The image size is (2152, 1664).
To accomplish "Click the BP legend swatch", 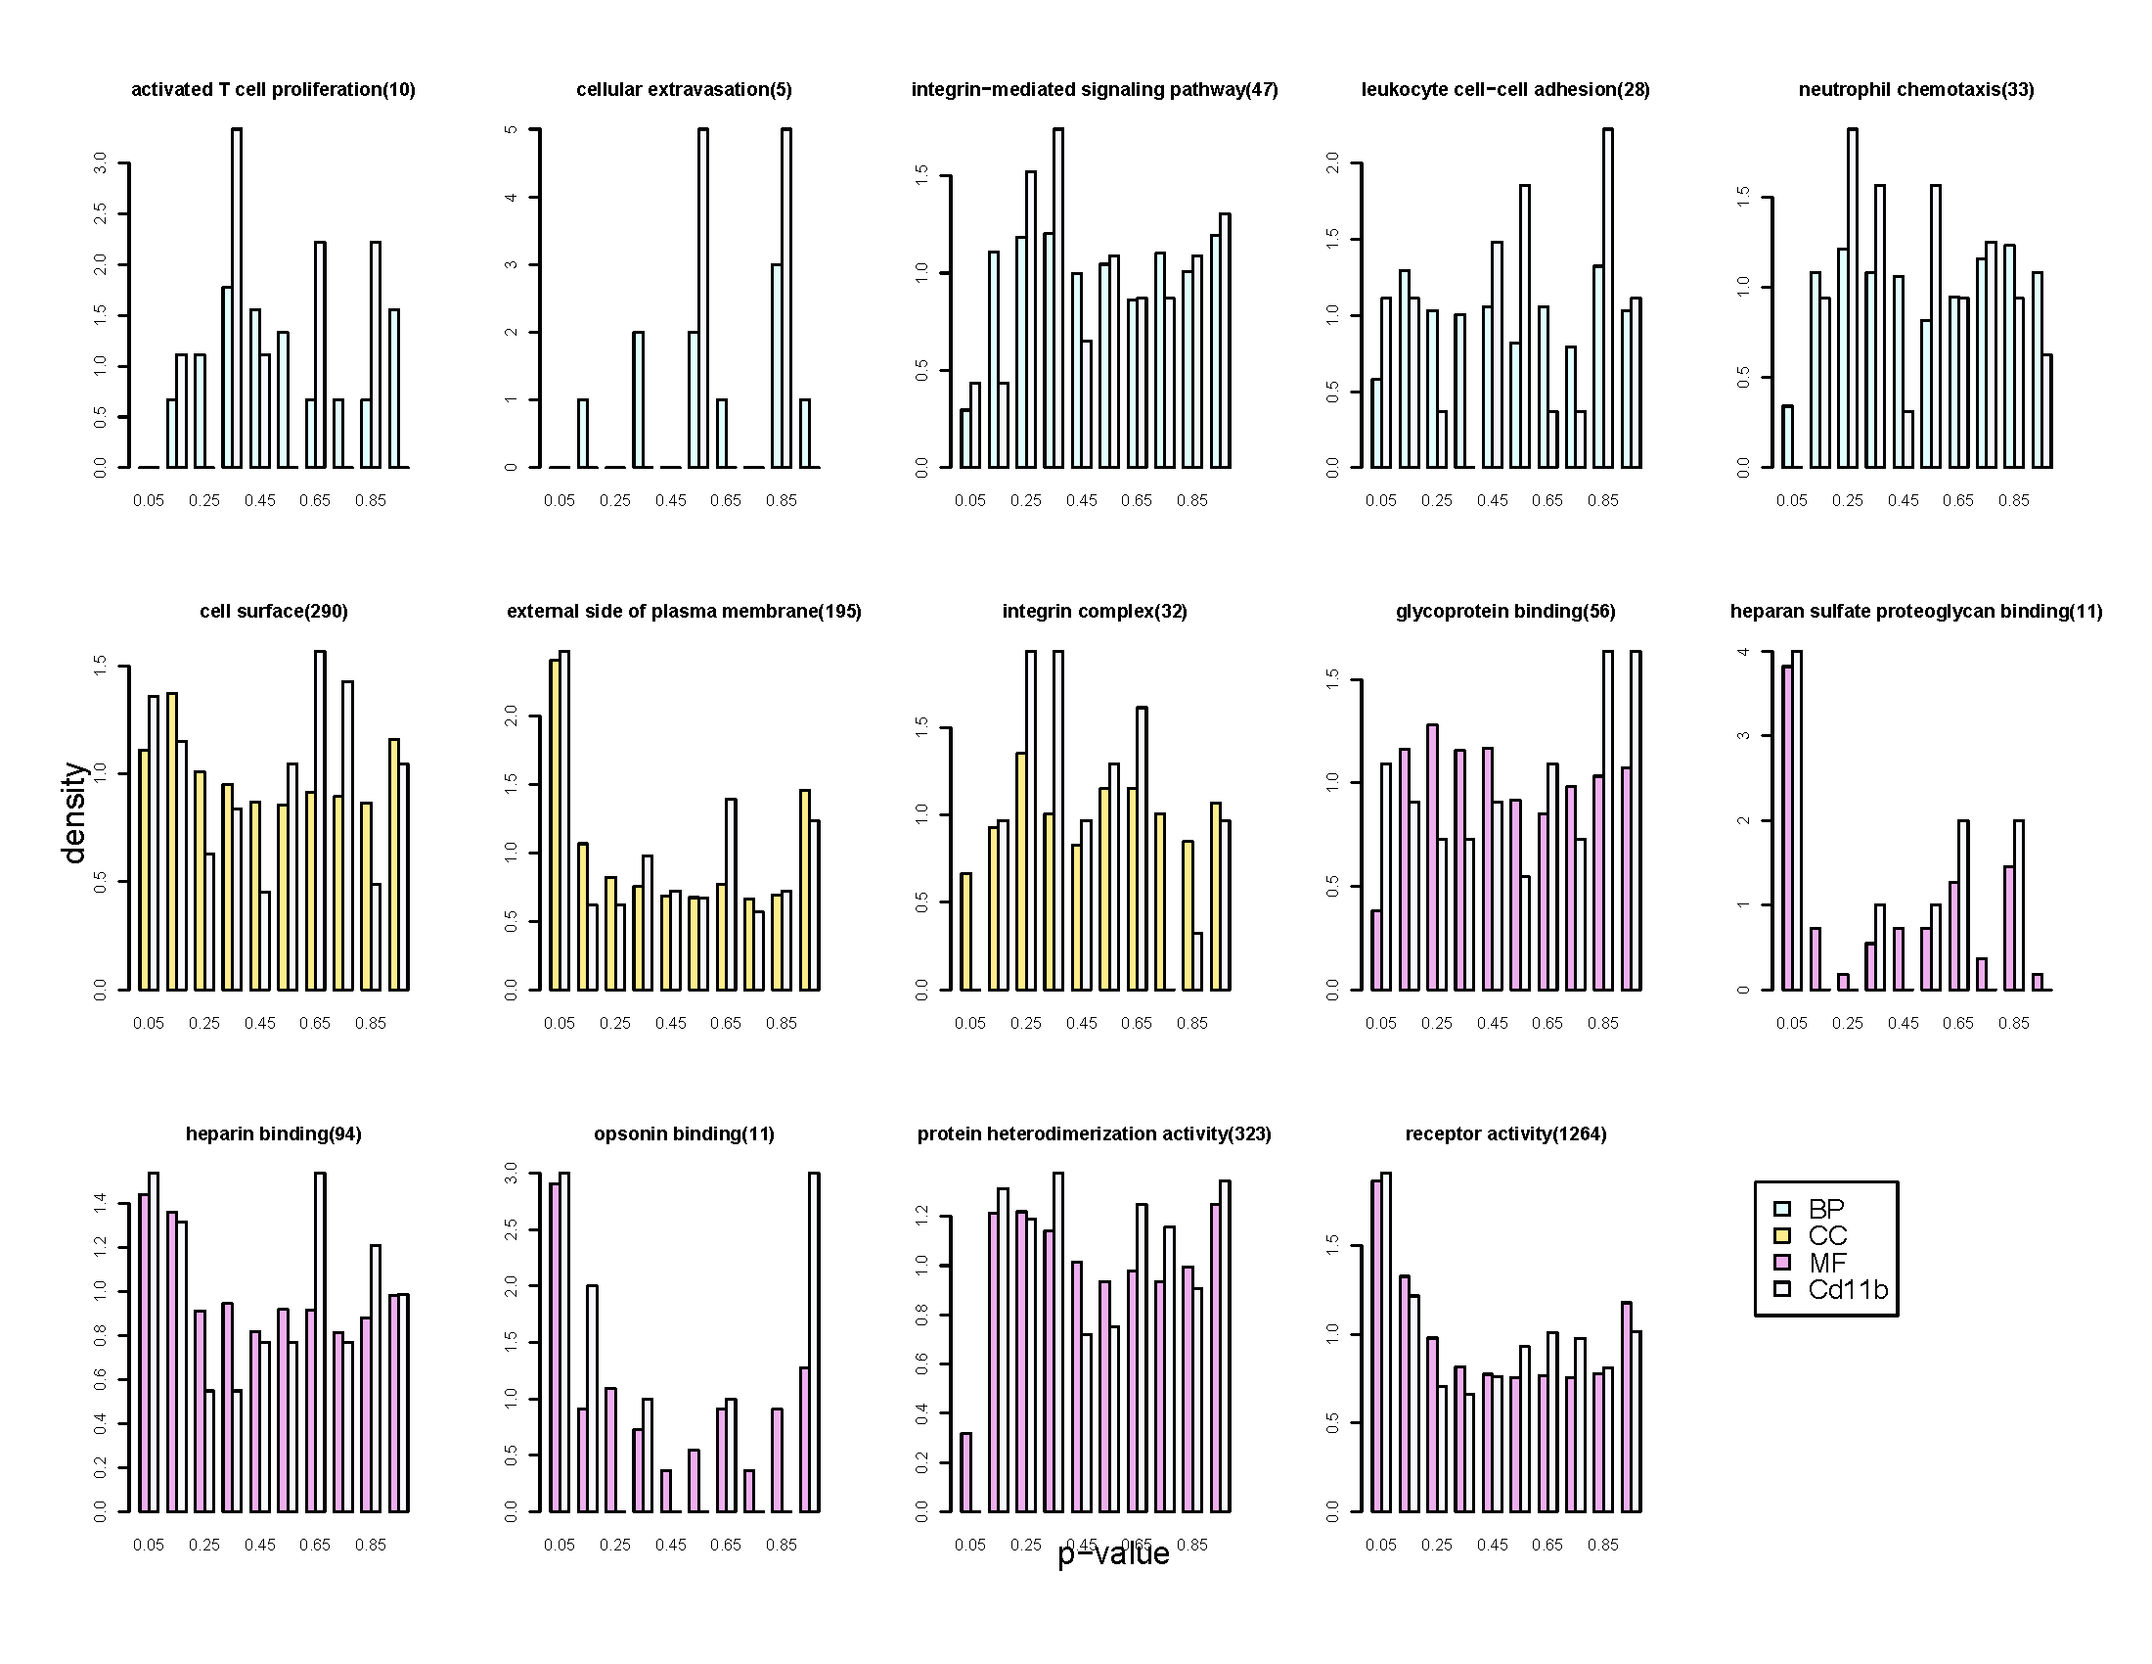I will pyautogui.click(x=1781, y=1209).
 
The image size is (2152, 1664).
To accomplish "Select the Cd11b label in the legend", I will pyautogui.click(x=1848, y=1289).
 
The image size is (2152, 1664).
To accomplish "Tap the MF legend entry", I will pyautogui.click(x=1827, y=1263).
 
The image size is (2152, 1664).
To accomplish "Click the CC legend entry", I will pyautogui.click(x=1827, y=1236).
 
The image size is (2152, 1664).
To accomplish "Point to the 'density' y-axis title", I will pyautogui.click(x=75, y=812).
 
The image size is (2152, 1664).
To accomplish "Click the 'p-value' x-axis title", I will pyautogui.click(x=1113, y=1554).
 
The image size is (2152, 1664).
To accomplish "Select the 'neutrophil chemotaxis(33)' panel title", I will pyautogui.click(x=1915, y=90).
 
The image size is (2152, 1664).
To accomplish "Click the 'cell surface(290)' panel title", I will pyautogui.click(x=273, y=611).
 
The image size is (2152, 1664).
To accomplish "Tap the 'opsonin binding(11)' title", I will pyautogui.click(x=684, y=1133).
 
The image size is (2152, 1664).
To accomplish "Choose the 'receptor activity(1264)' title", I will pyautogui.click(x=1505, y=1133).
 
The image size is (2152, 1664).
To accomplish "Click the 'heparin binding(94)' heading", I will pyautogui.click(x=273, y=1133).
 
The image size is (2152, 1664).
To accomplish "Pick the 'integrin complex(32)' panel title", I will pyautogui.click(x=1094, y=611).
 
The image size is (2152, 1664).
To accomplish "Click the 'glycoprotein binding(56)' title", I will pyautogui.click(x=1504, y=611).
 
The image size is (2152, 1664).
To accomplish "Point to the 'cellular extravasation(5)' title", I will pyautogui.click(x=684, y=90).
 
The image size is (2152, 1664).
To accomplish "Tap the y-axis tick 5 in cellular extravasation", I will pyautogui.click(x=511, y=129).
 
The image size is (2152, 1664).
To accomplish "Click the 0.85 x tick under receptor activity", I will pyautogui.click(x=1602, y=1545).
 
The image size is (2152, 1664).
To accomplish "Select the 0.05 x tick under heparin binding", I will pyautogui.click(x=149, y=1545).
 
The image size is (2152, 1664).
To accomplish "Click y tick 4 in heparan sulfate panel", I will pyautogui.click(x=1743, y=652).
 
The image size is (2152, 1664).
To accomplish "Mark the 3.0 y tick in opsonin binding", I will pyautogui.click(x=511, y=1173).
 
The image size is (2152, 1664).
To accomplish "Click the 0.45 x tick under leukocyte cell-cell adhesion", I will pyautogui.click(x=1492, y=501).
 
